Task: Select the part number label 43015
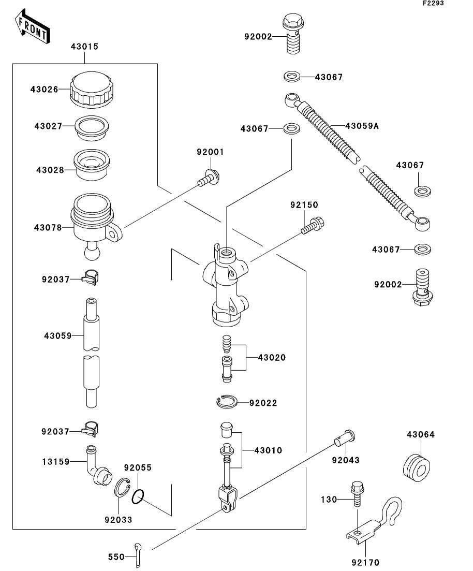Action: pos(84,47)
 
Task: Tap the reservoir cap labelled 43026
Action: pos(92,90)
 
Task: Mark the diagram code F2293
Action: pos(433,3)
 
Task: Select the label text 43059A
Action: pos(362,126)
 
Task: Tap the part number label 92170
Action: pos(363,562)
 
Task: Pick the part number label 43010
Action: pos(268,450)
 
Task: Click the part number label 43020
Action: pos(272,358)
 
